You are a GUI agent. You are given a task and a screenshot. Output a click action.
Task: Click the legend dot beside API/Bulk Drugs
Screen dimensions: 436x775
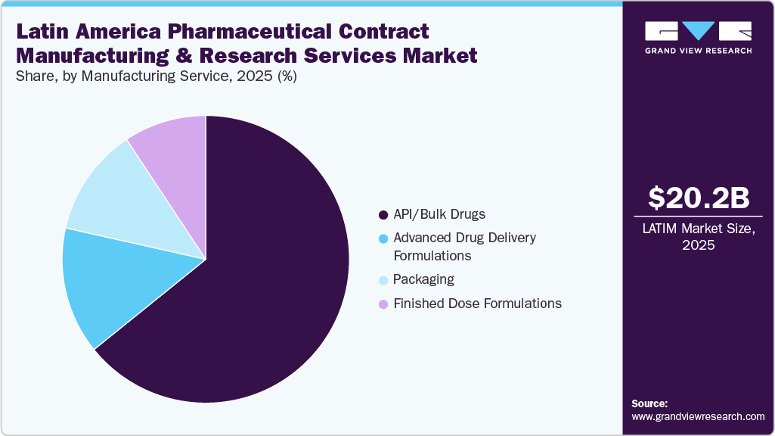(x=383, y=214)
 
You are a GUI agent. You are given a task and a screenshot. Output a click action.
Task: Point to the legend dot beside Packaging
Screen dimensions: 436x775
(x=383, y=279)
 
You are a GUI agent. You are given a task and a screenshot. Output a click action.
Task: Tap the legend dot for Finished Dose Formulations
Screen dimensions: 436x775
(x=383, y=304)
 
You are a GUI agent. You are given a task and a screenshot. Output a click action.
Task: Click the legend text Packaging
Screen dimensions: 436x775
(x=423, y=279)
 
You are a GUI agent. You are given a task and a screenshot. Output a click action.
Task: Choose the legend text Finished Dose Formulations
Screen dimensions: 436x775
(x=477, y=304)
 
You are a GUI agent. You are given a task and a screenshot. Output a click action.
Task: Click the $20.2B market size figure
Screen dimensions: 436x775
(x=699, y=198)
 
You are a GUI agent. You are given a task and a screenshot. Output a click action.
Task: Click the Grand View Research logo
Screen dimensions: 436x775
(x=699, y=36)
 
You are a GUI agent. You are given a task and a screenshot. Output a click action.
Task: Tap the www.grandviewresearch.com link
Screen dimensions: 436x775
(x=698, y=416)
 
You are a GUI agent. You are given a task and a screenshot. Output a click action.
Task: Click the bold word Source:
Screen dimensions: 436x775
(x=649, y=403)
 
